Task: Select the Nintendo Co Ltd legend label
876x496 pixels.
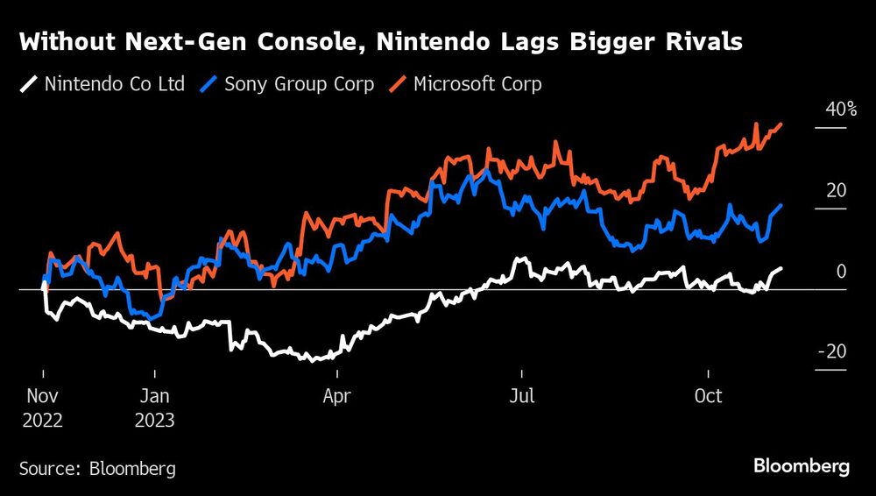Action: pos(115,85)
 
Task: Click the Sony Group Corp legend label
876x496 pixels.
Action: pos(299,85)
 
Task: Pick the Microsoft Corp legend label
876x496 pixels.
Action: pos(477,85)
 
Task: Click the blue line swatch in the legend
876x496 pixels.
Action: pos(208,85)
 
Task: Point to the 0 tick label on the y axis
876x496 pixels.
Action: pos(842,272)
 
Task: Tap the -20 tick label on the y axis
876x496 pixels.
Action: pos(832,352)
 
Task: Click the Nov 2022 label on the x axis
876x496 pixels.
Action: pos(42,407)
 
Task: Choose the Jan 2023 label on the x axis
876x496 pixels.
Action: pos(155,407)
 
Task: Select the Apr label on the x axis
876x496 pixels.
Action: pos(337,397)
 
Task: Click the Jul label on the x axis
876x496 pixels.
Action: pos(522,397)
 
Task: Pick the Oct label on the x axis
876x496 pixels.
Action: pos(708,397)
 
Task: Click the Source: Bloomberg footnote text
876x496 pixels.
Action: pos(97,469)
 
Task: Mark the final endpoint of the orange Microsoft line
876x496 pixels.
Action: pos(781,125)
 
